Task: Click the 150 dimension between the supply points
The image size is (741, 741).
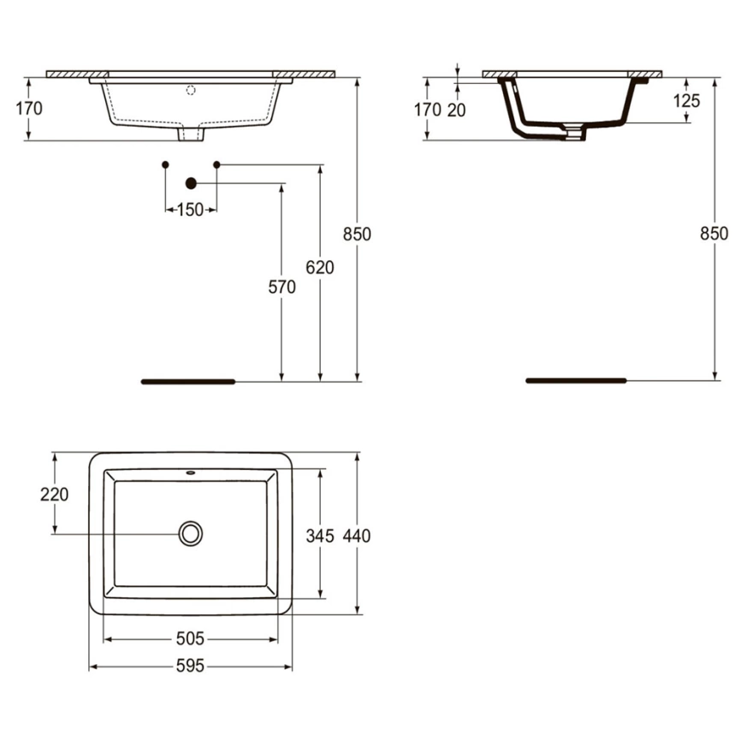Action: [x=190, y=210]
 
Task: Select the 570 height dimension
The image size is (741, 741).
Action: [x=282, y=288]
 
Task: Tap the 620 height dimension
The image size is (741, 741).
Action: [x=319, y=268]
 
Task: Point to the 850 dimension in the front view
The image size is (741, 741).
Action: [x=357, y=234]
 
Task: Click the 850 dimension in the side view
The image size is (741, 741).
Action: [x=713, y=234]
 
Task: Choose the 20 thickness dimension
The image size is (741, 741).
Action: [x=457, y=110]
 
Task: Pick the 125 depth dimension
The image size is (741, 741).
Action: [x=686, y=101]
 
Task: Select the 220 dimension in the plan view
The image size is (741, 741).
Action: [x=54, y=494]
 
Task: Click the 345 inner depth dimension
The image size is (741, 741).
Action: [x=320, y=536]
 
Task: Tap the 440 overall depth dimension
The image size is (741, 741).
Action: [x=356, y=536]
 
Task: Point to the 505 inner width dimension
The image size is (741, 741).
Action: [x=190, y=638]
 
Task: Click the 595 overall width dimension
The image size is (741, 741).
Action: [x=190, y=666]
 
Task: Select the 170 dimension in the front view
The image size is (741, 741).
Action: [x=28, y=109]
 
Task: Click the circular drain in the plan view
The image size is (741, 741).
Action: [x=190, y=534]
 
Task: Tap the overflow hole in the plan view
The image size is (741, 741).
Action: [x=190, y=472]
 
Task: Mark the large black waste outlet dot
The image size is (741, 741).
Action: [x=191, y=182]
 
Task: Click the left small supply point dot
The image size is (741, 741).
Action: [x=165, y=163]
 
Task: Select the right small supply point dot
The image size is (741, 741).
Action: [x=216, y=163]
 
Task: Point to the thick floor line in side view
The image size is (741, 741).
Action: [x=575, y=380]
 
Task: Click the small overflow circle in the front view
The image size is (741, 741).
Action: [x=191, y=89]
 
